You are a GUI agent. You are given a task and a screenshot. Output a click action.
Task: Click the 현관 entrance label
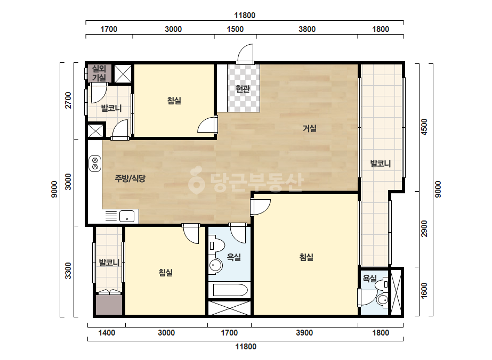(243, 89)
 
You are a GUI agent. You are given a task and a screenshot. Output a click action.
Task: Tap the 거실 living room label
(309, 128)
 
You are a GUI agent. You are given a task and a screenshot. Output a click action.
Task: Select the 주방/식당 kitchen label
(130, 178)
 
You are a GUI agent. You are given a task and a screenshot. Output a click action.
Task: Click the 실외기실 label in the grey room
(99, 73)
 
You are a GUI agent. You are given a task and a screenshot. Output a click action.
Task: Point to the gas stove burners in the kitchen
(95, 163)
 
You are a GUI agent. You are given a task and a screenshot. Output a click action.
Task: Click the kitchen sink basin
(127, 216)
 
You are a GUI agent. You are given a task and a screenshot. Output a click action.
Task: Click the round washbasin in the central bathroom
(215, 266)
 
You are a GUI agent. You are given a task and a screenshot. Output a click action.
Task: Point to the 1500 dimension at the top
(235, 29)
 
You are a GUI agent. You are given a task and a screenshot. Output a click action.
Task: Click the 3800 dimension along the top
(307, 29)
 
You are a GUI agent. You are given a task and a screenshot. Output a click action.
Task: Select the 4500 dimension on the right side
(424, 127)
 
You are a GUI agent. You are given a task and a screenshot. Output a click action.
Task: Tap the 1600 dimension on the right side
(424, 291)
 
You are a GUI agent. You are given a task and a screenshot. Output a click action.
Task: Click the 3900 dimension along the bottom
(304, 333)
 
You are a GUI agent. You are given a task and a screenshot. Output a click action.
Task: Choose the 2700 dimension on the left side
(68, 100)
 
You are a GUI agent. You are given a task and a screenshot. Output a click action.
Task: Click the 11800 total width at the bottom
(246, 347)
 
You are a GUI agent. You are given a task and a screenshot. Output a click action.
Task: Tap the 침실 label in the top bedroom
(174, 101)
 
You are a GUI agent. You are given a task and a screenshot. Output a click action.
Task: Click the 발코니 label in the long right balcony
(381, 163)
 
